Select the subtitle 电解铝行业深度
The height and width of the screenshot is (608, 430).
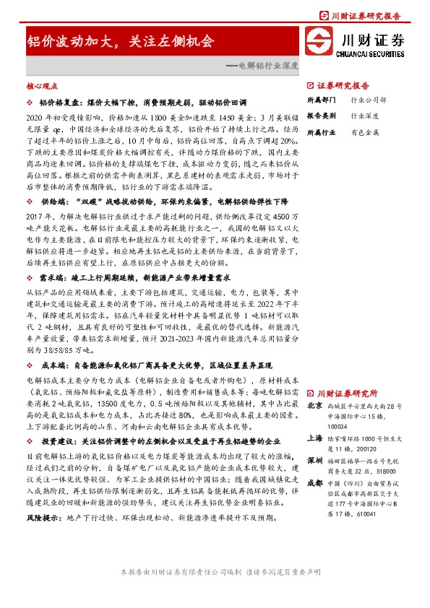click(262, 64)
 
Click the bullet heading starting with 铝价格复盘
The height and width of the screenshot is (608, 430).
click(127, 104)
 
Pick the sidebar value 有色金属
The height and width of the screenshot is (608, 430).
click(365, 132)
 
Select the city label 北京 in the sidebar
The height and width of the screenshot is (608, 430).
click(314, 407)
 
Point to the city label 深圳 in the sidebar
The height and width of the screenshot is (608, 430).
click(314, 460)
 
